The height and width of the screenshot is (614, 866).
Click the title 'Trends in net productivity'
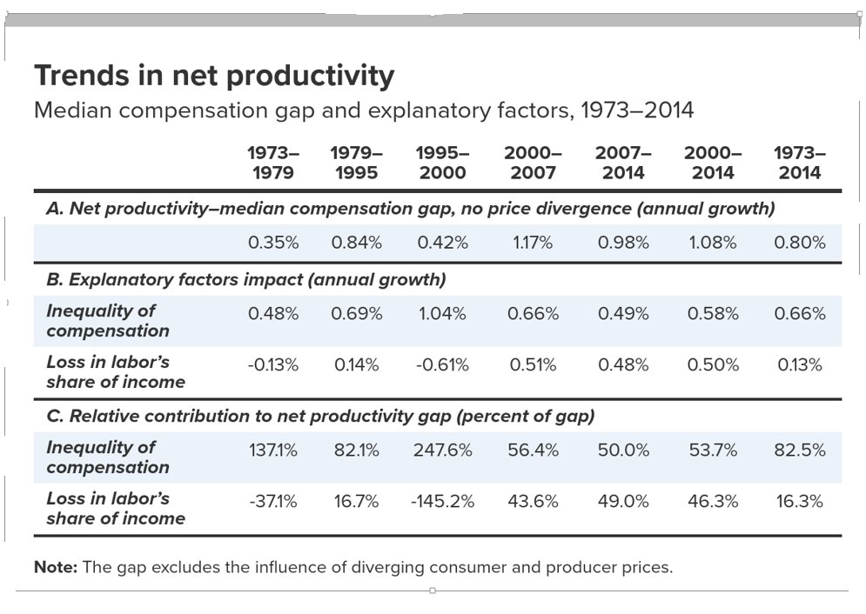click(214, 76)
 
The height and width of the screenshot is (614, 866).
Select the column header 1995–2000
click(443, 163)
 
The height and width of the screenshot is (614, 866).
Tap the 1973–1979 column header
click(272, 163)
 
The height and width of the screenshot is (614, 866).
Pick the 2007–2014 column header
click(623, 163)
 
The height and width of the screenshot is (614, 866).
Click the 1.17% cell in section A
click(533, 243)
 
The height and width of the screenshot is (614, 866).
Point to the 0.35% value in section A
click(273, 243)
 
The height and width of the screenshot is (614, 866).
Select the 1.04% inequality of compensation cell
click(443, 314)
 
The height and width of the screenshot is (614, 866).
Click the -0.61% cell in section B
click(443, 365)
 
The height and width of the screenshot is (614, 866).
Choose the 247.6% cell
click(443, 450)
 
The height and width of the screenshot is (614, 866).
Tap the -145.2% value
click(443, 502)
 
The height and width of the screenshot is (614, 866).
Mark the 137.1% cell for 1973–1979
click(273, 450)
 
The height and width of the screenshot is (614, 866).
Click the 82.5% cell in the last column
click(800, 450)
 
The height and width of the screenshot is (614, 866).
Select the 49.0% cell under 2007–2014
click(623, 502)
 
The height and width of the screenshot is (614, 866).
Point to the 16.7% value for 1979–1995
click(356, 502)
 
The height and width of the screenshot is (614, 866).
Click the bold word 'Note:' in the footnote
click(56, 567)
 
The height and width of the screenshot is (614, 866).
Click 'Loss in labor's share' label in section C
click(115, 508)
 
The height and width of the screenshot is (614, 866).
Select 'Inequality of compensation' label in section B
click(107, 320)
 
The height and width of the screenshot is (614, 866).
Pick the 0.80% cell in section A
click(800, 243)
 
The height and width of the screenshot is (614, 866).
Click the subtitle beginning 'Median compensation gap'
click(363, 110)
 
